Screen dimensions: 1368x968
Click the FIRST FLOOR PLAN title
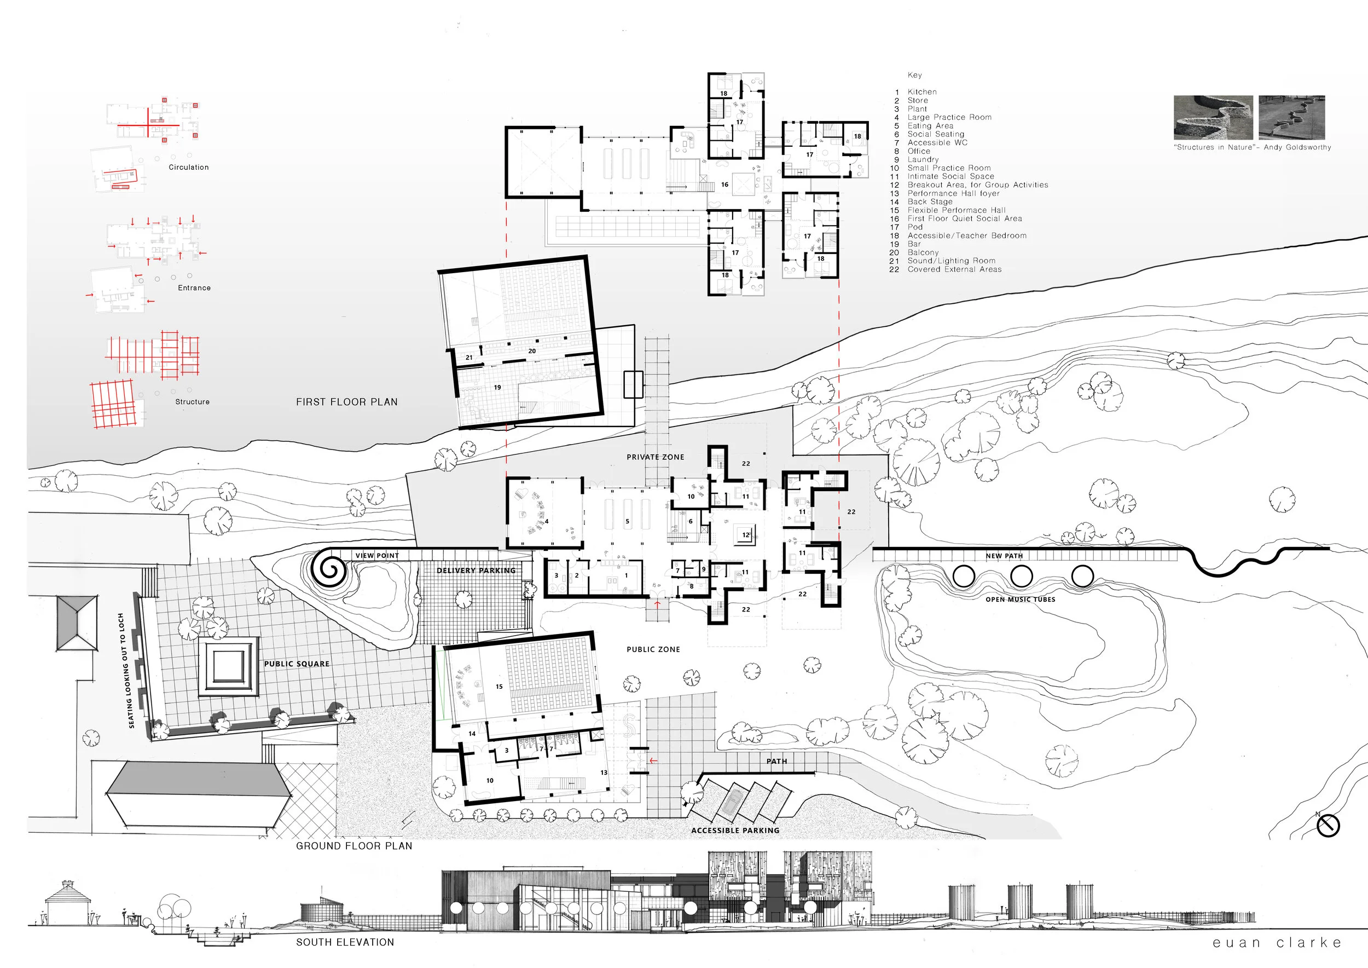(347, 402)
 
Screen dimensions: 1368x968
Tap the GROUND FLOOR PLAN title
(354, 846)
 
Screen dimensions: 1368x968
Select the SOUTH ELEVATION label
(345, 942)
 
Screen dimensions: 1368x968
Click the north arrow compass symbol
(1328, 826)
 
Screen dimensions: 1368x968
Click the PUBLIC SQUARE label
(297, 664)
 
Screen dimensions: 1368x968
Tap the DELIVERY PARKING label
(476, 571)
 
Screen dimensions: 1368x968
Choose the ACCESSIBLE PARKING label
(735, 831)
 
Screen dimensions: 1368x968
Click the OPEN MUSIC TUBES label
(1020, 600)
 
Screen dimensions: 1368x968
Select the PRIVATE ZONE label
(656, 457)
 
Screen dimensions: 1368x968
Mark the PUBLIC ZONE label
(653, 650)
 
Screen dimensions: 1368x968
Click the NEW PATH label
(1004, 556)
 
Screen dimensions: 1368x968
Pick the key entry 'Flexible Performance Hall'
(957, 210)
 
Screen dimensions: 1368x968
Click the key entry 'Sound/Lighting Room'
(952, 261)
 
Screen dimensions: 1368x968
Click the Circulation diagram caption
(189, 168)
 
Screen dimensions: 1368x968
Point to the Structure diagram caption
(193, 402)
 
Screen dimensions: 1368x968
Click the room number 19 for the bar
(497, 388)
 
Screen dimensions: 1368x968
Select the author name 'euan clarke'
(1277, 943)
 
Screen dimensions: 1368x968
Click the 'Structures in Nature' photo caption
(1253, 147)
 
